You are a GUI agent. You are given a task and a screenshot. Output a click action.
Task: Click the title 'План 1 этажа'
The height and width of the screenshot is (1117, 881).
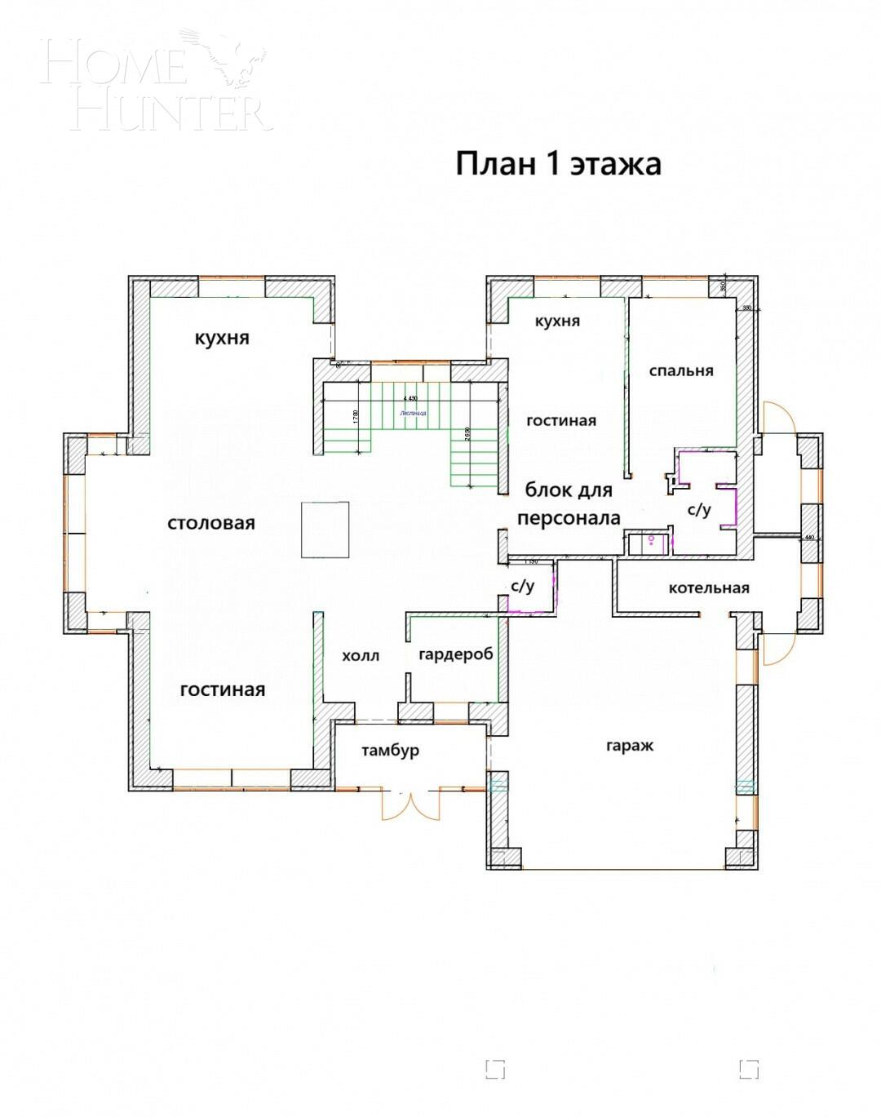point(558,164)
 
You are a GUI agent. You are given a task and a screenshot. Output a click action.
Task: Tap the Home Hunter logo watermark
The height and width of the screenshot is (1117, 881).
point(155,82)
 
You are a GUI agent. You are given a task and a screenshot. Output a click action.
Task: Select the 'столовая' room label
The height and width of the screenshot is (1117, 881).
point(211,523)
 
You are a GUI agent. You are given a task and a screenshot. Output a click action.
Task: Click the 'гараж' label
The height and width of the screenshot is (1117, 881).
point(630,745)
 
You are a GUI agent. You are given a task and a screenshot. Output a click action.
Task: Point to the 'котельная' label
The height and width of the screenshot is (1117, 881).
point(708,587)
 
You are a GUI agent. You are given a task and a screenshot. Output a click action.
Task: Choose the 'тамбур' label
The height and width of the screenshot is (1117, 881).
point(391,750)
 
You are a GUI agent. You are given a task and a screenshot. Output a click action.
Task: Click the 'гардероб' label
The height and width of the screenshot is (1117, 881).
point(455,654)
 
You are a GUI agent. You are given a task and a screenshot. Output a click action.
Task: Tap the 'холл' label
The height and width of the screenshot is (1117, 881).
point(360,655)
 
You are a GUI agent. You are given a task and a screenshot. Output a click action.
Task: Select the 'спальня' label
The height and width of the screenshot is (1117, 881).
point(681,370)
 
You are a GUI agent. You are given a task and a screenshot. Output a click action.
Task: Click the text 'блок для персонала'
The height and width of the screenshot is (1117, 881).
point(569,504)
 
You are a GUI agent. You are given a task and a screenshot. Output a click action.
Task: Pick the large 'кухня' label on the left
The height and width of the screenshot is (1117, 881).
point(222,338)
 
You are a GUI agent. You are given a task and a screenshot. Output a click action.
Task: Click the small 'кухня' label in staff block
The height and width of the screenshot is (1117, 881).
point(557,321)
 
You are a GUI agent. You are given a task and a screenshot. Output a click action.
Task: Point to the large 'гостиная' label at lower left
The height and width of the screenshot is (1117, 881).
point(222,689)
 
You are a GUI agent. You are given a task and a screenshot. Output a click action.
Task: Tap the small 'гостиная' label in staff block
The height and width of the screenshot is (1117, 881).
point(561,420)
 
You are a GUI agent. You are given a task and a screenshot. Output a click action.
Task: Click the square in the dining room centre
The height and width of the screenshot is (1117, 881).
point(325,530)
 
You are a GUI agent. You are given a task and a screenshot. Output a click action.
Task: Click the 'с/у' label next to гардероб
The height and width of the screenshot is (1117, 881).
point(522,586)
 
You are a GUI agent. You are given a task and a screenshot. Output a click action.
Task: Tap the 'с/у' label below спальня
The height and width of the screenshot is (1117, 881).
point(699,510)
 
